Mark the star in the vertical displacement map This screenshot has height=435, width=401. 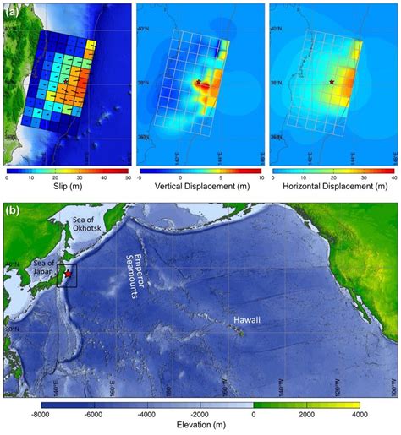pyautogui.click(x=198, y=82)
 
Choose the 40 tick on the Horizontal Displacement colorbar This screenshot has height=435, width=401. pyautogui.click(x=393, y=178)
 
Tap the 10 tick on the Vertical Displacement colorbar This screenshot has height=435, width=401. pyautogui.click(x=260, y=178)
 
